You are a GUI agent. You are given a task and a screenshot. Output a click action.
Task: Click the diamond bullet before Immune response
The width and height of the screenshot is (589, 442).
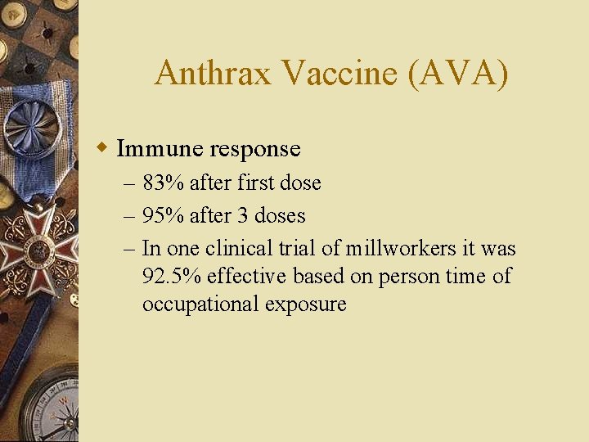point(101,148)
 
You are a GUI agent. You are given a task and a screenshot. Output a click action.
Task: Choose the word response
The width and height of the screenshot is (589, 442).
point(255,149)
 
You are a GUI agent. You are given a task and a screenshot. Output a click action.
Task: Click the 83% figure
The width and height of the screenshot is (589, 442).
point(164,183)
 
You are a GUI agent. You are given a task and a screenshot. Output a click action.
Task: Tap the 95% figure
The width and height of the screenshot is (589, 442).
point(164,215)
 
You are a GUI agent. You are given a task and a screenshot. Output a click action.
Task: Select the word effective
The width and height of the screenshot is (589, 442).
point(244,276)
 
